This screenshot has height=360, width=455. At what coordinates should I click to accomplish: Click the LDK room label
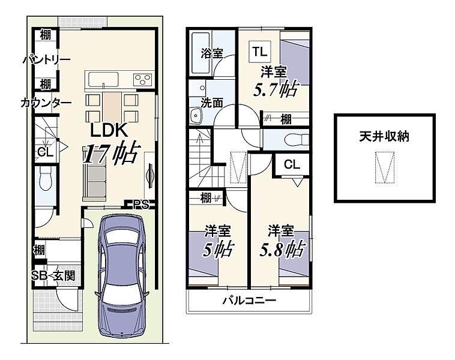[109, 130]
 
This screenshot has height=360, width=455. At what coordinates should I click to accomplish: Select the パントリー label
[47, 60]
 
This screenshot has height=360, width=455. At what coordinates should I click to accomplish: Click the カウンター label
[46, 103]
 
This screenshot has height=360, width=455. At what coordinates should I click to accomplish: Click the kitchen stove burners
[142, 79]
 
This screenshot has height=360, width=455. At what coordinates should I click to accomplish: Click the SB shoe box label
[39, 276]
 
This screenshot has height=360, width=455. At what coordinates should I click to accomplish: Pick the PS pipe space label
[141, 205]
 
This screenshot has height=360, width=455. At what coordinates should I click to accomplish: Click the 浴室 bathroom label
[212, 53]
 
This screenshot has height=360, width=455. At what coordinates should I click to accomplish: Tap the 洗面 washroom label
[212, 103]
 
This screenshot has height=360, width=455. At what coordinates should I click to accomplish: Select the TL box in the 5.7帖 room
[260, 52]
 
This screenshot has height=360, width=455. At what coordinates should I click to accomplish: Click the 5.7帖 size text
[276, 89]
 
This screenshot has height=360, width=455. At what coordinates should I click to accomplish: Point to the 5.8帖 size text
[282, 250]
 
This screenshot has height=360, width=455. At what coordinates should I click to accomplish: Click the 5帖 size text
[218, 250]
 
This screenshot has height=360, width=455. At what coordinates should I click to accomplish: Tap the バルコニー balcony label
[249, 300]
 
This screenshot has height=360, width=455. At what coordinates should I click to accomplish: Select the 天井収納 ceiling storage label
[384, 136]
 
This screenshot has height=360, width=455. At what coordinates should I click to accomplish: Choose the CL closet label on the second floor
[292, 164]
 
